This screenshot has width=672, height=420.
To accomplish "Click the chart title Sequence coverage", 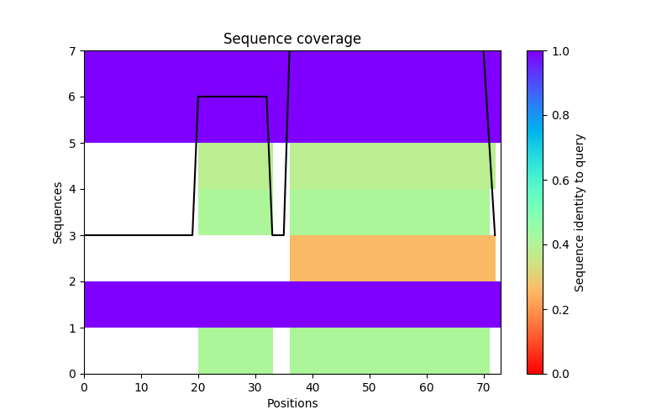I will tap(291, 39).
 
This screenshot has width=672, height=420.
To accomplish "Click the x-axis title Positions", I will tap(291, 403).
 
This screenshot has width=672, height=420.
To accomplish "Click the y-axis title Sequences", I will tap(58, 213).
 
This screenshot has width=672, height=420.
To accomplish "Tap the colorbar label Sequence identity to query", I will tap(580, 213).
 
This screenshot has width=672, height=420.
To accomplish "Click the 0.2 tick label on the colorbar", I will tap(559, 309).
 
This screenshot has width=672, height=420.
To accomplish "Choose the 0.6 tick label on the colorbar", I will tap(559, 181).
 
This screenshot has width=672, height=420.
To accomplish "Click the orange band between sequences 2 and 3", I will tap(392, 258).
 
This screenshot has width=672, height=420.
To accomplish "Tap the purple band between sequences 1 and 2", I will tap(291, 304).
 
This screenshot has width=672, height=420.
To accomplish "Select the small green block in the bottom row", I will tap(235, 350).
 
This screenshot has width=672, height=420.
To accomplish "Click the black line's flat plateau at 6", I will tap(232, 97).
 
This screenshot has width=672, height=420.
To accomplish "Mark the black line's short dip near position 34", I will tap(278, 235).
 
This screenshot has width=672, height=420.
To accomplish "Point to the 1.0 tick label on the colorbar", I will tap(559, 51).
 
